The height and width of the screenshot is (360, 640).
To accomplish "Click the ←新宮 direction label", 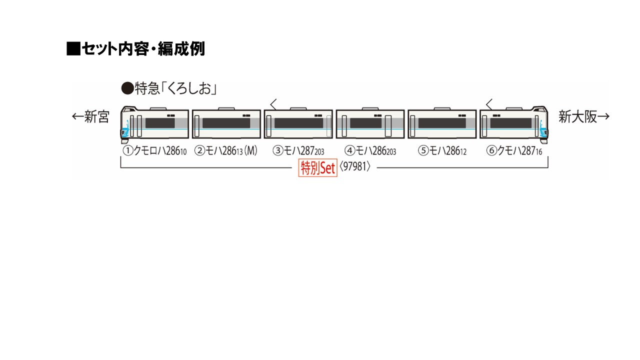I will coord(90,117).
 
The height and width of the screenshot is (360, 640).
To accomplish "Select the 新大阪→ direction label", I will coord(584,117).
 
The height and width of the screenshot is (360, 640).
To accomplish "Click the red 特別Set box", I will coord(317,168).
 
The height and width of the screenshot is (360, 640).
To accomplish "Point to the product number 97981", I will coord(355,167).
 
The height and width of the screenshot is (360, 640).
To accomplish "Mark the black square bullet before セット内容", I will coord(73,49).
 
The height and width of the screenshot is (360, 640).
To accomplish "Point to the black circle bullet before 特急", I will coord(127,89).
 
